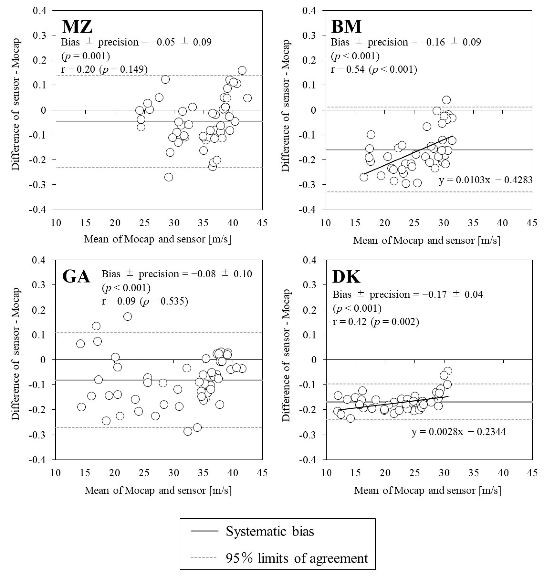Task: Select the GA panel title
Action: click(x=76, y=276)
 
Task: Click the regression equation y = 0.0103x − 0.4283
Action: click(x=485, y=180)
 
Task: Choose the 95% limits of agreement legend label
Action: click(x=297, y=558)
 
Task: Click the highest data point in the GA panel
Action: click(x=128, y=316)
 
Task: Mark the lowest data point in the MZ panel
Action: click(x=169, y=177)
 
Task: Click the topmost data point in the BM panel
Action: click(x=446, y=100)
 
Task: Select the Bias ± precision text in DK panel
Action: click(x=408, y=294)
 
